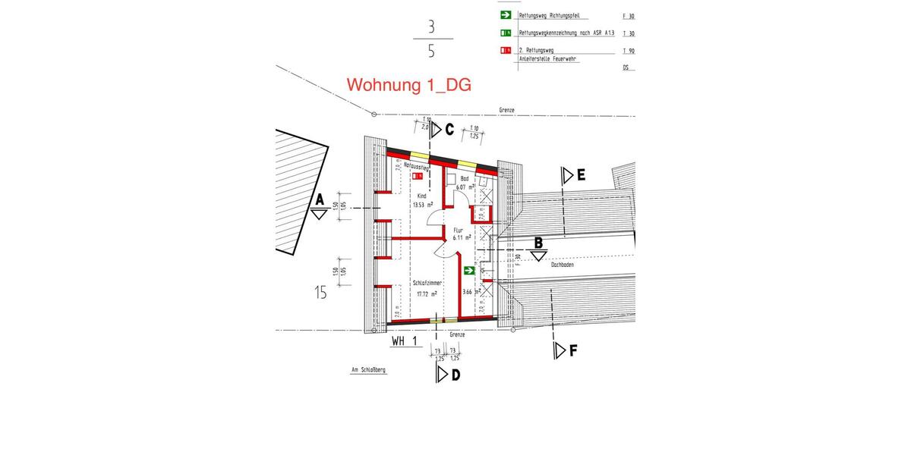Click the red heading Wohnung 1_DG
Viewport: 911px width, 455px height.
pos(408,85)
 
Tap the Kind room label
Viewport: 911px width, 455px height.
pos(422,196)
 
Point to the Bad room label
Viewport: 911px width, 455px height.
pos(464,178)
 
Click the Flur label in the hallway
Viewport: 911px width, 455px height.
pos(458,229)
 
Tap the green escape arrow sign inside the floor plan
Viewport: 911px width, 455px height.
pos(470,270)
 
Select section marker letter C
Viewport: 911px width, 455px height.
pos(449,130)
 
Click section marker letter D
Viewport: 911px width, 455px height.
pos(455,375)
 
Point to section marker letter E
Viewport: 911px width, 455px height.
pos(581,175)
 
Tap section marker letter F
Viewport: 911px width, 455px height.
pos(574,350)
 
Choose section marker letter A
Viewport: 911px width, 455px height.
pos(319,199)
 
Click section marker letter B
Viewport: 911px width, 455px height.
pos(538,243)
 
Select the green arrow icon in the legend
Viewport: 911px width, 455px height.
pos(505,14)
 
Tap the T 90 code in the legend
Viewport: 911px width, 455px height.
pos(628,50)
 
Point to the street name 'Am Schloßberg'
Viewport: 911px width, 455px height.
pos(368,371)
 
